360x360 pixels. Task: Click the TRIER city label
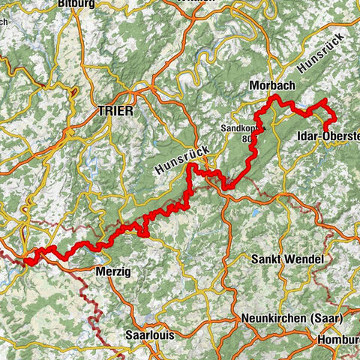(x=115, y=111)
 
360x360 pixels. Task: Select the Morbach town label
(x=272, y=86)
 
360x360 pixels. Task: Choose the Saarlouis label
(x=151, y=335)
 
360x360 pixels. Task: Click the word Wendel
(x=305, y=259)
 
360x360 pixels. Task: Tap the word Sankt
(x=268, y=259)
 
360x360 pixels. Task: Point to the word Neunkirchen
(x=273, y=319)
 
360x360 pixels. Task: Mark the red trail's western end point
(x=25, y=262)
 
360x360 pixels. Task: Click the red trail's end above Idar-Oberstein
(x=325, y=100)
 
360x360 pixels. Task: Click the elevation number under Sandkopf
(x=247, y=138)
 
